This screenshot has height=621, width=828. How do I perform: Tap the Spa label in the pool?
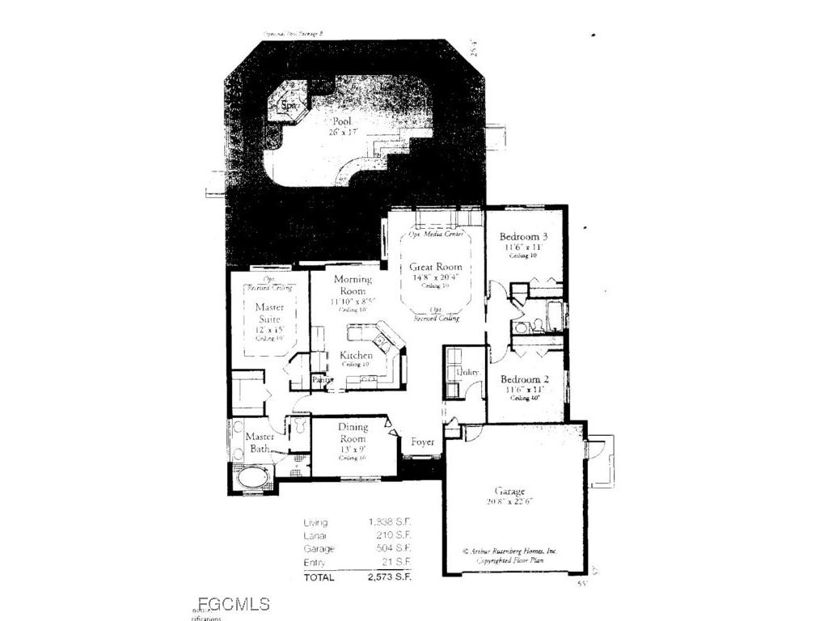(x=287, y=105)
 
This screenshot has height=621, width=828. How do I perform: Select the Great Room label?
(x=435, y=267)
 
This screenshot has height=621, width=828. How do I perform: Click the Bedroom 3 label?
(x=522, y=236)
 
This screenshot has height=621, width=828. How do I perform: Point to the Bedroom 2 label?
(x=524, y=379)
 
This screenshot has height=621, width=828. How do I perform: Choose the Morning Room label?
(x=353, y=285)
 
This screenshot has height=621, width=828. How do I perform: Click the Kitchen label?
(x=356, y=355)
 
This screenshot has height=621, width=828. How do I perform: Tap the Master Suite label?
(x=269, y=313)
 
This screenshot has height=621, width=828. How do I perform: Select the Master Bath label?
(x=260, y=442)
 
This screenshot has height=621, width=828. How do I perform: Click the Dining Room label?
(x=353, y=433)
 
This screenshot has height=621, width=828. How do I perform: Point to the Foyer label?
(x=423, y=442)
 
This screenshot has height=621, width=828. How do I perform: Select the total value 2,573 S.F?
(x=390, y=577)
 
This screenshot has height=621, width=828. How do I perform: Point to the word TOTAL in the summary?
(x=319, y=577)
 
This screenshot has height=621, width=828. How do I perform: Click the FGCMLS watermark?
(x=233, y=603)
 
